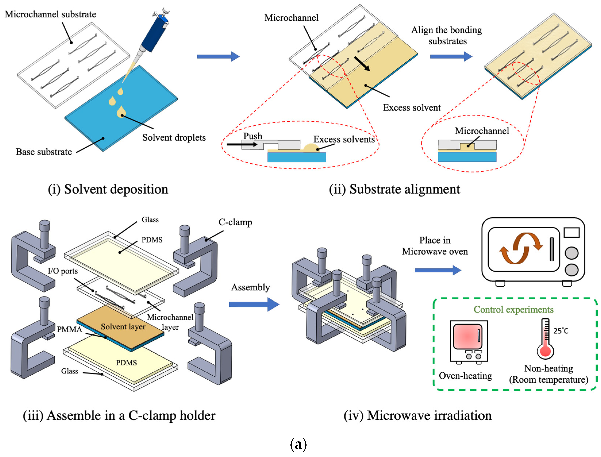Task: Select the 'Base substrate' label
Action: [44, 152]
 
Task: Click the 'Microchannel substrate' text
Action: [50, 14]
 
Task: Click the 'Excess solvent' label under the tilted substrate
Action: [412, 108]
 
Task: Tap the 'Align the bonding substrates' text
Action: [447, 35]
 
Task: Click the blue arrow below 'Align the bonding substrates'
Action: [451, 57]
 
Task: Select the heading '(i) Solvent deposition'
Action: [108, 189]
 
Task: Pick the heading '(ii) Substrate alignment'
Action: [395, 189]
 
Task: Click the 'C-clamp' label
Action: [235, 222]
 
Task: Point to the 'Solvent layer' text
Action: [123, 327]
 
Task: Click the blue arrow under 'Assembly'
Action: [254, 304]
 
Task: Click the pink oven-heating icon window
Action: [468, 336]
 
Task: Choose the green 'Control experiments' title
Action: [514, 310]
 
